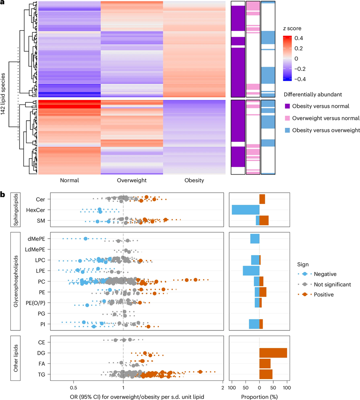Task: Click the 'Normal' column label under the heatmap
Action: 69,181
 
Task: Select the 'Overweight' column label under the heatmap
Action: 132,181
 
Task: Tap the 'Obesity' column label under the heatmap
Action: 194,181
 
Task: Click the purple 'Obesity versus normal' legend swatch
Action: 287,107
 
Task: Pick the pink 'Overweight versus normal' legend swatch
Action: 287,119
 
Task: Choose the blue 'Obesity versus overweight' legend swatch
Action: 287,131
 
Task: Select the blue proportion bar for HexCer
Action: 246,210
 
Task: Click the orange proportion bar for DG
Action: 273,353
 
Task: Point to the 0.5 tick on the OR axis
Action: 74,384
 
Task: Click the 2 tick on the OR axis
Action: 223,384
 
